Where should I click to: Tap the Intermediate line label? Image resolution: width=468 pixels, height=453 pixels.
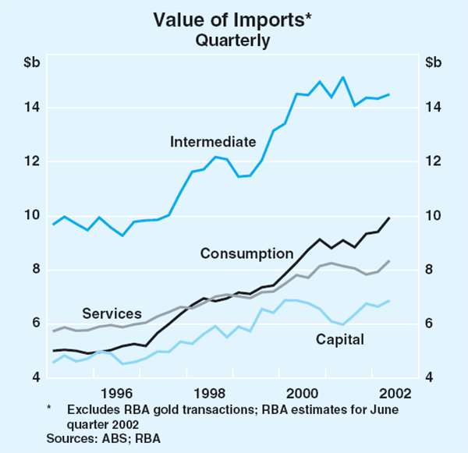213,142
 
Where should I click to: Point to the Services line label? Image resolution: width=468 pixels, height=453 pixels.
112,313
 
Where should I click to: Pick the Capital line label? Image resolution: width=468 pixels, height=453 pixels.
339,339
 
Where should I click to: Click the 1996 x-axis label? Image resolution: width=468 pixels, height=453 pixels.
115,392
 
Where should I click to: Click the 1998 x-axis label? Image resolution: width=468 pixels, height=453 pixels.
207,392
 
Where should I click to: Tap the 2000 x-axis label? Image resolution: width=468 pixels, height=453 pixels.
300,392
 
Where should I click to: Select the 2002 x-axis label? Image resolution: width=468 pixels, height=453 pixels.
393,392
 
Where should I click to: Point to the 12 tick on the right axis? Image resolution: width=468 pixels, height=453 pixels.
434,161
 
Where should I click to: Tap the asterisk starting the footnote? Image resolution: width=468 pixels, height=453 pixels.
48,408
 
